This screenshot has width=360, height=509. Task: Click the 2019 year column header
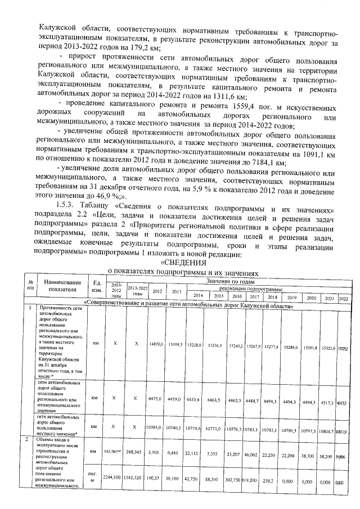click(x=292, y=297)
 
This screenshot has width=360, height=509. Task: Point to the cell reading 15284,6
click(x=292, y=347)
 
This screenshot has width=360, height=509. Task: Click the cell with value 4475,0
click(x=156, y=400)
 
